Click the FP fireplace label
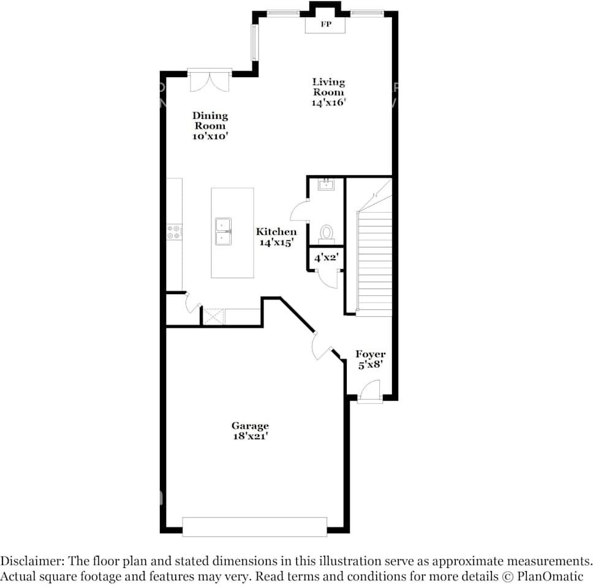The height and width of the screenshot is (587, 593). point(326,25)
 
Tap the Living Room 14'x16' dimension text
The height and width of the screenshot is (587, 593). point(328,102)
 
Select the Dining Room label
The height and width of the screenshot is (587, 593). point(210,121)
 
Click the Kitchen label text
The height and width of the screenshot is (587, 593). point(276,232)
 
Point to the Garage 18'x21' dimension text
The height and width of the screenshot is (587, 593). point(251,436)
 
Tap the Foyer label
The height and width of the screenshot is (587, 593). point(370,354)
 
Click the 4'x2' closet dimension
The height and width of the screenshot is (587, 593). point(326,257)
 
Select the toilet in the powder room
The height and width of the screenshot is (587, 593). point(327,234)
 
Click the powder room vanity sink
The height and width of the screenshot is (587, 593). point(326,184)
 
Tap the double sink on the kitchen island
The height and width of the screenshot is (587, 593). point(223,231)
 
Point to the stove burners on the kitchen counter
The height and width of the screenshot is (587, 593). point(175,232)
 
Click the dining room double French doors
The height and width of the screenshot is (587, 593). point(210,80)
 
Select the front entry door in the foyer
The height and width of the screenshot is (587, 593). point(369,391)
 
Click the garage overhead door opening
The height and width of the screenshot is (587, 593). point(254,526)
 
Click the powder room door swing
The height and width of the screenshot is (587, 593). point(300,211)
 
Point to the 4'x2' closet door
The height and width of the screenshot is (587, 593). point(328,279)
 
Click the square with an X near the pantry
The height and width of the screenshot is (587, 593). point(214,317)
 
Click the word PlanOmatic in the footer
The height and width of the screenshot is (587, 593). point(550,577)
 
